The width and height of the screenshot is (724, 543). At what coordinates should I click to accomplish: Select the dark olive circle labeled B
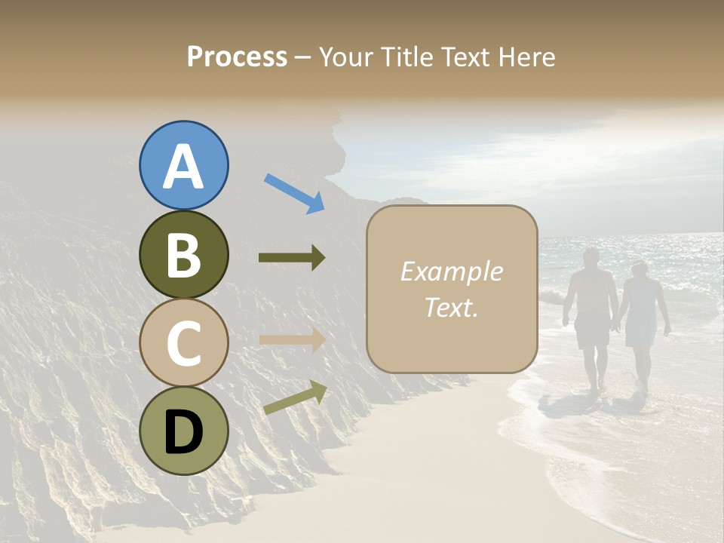pos(184,255)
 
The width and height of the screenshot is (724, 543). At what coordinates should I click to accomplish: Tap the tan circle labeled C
pos(184,342)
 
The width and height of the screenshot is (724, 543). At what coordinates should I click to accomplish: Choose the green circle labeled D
pos(184,431)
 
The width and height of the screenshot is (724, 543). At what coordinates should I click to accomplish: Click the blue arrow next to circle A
pos(294,193)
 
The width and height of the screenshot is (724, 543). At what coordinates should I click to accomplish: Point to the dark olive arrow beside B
pos(292,258)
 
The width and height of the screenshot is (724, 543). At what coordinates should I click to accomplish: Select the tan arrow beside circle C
pos(292,339)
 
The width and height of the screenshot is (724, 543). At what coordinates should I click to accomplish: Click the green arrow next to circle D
pos(295,397)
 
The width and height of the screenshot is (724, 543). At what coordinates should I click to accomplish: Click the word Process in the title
pos(237,57)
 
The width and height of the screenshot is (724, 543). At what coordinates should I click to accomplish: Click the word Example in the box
pos(451,271)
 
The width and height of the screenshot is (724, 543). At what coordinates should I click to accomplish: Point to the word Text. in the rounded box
pos(451,307)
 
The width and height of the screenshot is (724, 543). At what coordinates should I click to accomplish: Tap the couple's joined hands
pos(617,327)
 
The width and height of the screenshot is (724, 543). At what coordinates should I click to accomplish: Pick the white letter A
pos(184,166)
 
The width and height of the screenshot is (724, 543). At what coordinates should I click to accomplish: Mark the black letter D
pos(184,432)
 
